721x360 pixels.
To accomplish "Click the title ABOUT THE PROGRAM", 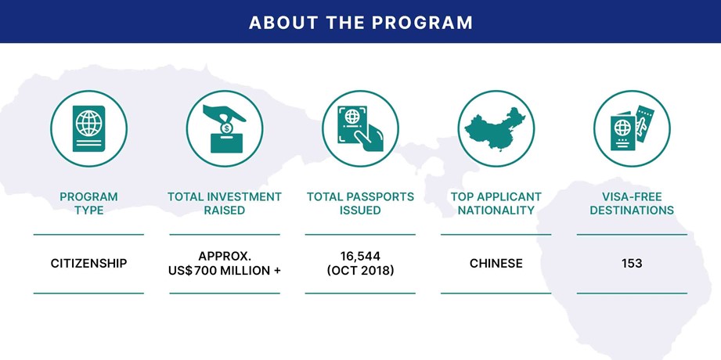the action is pyautogui.click(x=360, y=23).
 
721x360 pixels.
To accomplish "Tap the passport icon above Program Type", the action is pyautogui.click(x=88, y=128).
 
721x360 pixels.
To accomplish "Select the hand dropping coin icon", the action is pyautogui.click(x=225, y=128).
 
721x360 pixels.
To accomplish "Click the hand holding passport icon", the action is pyautogui.click(x=360, y=128).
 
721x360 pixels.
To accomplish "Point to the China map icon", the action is pyautogui.click(x=496, y=128).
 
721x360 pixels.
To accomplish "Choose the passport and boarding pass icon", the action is pyautogui.click(x=632, y=128).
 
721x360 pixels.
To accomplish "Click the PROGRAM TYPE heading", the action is pyautogui.click(x=88, y=203).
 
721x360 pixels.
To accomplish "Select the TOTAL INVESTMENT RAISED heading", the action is pyautogui.click(x=225, y=203).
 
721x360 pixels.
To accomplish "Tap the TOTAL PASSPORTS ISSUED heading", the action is pyautogui.click(x=360, y=203).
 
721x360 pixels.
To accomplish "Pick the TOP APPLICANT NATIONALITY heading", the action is pyautogui.click(x=496, y=203).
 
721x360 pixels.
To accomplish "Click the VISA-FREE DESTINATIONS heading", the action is pyautogui.click(x=632, y=203).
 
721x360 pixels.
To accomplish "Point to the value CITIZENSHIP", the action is pyautogui.click(x=88, y=264).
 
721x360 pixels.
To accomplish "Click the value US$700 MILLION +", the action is pyautogui.click(x=225, y=271).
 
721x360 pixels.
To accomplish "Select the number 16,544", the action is pyautogui.click(x=360, y=256).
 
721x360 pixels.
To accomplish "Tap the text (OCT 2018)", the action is pyautogui.click(x=360, y=271).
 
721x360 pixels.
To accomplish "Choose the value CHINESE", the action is pyautogui.click(x=496, y=264).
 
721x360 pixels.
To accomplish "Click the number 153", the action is pyautogui.click(x=632, y=264).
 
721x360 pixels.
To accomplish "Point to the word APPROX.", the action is pyautogui.click(x=225, y=256).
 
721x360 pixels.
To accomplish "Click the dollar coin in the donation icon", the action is pyautogui.click(x=226, y=128).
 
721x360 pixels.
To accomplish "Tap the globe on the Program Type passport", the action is pyautogui.click(x=88, y=123).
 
